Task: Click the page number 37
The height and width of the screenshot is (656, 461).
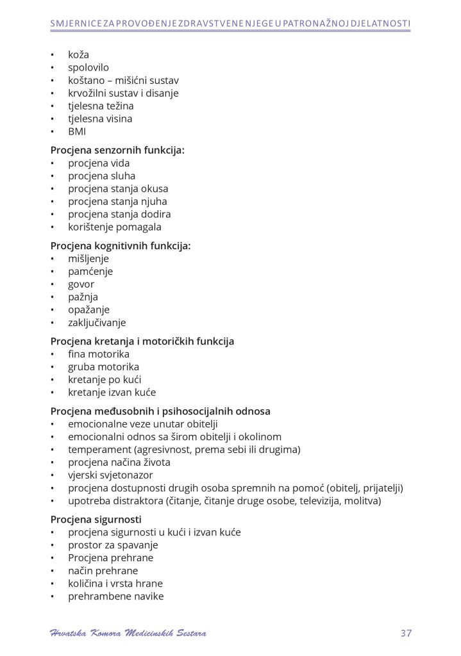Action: point(405,634)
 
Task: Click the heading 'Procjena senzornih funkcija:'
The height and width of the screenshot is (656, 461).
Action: point(117,151)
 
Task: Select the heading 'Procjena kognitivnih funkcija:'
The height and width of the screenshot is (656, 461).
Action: point(121,246)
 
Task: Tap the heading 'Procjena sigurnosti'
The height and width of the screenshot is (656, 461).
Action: point(96,520)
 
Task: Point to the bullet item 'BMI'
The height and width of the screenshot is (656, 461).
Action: point(77,131)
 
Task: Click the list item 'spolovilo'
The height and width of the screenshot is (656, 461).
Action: point(88,67)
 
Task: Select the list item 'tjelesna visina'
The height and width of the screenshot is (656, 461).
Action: point(100,119)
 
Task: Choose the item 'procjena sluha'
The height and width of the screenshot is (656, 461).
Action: point(101,176)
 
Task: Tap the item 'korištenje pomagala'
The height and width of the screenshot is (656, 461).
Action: point(115,227)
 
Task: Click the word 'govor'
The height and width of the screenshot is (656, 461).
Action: point(81,284)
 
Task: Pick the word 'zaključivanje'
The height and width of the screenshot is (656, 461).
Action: point(97,323)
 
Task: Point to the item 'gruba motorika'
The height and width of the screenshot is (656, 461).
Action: point(103,367)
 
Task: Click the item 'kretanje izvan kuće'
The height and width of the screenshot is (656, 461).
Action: point(112,393)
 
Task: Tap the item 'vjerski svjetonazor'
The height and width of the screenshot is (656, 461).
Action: point(110,475)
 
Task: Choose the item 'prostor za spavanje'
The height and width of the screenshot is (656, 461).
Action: point(113,545)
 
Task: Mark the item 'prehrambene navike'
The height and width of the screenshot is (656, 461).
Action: point(115,596)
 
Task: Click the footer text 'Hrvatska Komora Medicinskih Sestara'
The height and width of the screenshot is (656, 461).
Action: point(128,634)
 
